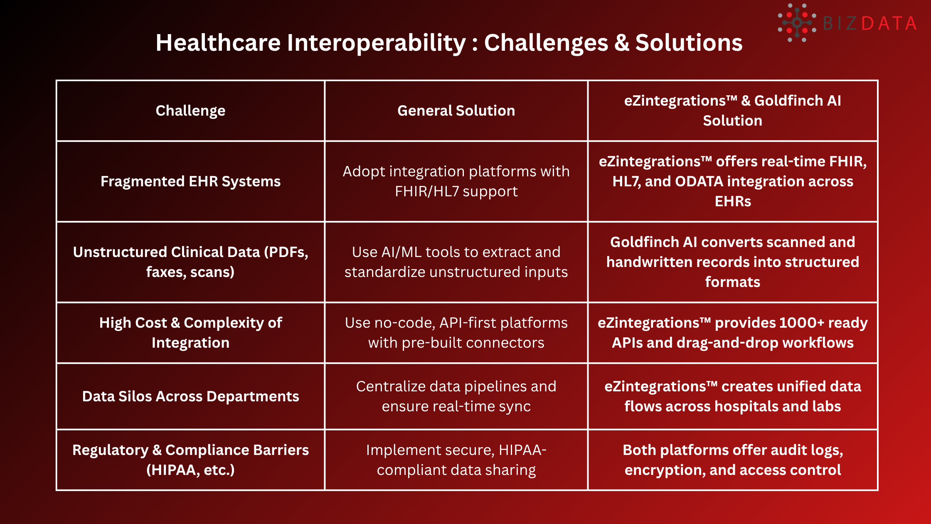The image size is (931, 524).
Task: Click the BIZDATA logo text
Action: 869,23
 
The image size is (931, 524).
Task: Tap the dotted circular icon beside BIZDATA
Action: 797,23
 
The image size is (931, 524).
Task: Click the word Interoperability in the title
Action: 376,43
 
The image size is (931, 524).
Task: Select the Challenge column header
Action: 190,111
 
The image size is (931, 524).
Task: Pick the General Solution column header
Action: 456,111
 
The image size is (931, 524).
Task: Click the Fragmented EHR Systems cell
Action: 190,181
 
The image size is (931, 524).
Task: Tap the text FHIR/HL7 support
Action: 456,191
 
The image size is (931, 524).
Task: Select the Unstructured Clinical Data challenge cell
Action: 190,262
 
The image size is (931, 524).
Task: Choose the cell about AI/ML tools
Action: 456,262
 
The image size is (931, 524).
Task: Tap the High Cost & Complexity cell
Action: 190,332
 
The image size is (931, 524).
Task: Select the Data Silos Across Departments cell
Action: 190,396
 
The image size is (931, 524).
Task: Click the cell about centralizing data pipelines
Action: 456,396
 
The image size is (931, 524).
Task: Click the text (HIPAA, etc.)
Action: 190,470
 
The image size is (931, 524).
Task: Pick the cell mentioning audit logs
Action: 732,460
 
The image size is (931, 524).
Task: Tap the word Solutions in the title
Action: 689,43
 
